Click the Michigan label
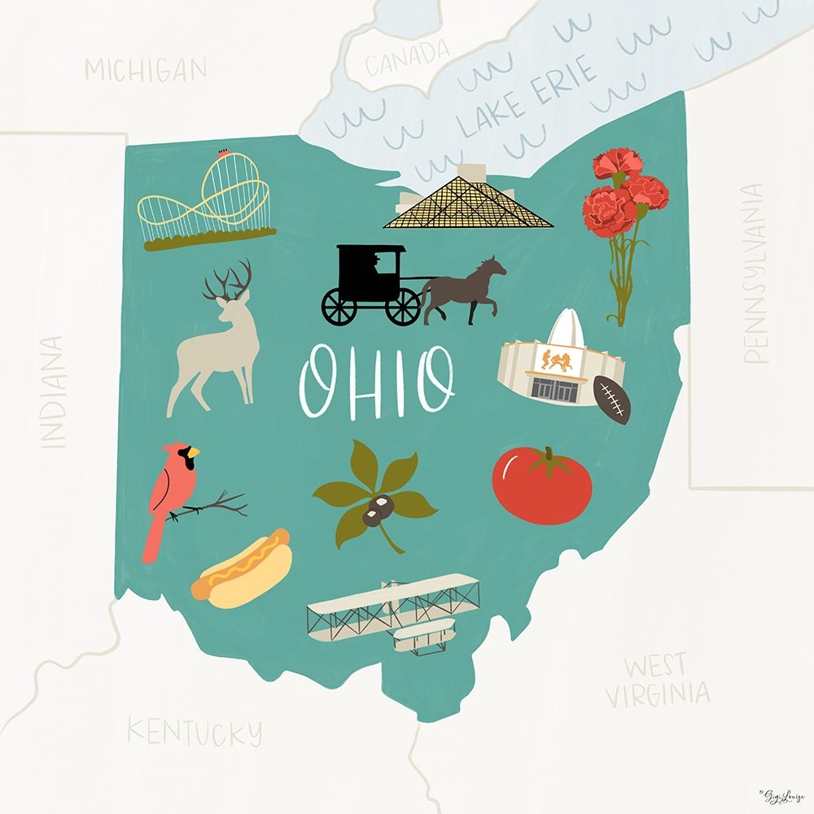click(146, 70)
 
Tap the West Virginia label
click(656, 680)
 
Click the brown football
click(612, 400)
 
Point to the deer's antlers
click(227, 282)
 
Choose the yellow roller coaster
click(205, 199)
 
